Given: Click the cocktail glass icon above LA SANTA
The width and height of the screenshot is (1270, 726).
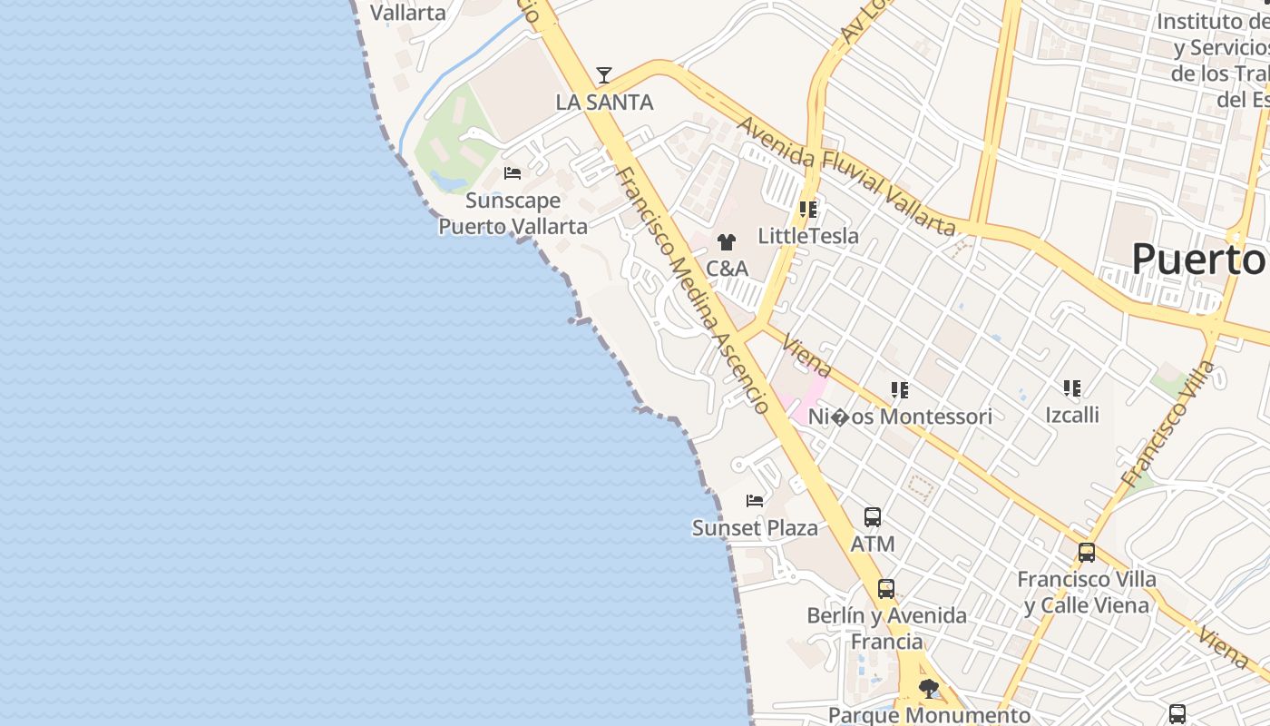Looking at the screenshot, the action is point(604,75).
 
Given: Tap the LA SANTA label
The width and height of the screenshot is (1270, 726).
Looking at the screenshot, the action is point(604,103).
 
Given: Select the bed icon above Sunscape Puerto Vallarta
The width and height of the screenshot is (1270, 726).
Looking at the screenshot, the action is point(513,173).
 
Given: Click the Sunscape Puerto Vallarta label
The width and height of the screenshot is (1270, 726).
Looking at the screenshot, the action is point(513,213).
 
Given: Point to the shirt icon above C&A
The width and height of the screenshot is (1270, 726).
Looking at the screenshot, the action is point(727,242).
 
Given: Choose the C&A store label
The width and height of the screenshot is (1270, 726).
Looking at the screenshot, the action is point(727,269).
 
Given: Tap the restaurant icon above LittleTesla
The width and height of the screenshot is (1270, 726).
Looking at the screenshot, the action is point(808,210).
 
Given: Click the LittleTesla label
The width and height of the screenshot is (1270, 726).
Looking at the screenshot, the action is point(808,236).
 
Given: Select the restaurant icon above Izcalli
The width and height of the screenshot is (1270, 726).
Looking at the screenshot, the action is point(1072,388).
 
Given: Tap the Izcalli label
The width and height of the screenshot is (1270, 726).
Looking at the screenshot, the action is point(1072,415).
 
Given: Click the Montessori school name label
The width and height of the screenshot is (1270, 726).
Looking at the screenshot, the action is point(900,417).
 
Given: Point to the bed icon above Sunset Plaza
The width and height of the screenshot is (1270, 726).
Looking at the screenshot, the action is point(755,501).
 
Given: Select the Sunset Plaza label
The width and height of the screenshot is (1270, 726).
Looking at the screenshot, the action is point(755,528).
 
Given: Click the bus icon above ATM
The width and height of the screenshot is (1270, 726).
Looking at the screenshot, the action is point(873,517).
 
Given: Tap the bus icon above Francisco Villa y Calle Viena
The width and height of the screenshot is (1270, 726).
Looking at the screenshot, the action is point(1087,552).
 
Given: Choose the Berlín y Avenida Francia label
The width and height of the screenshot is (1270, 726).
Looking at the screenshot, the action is point(887,628).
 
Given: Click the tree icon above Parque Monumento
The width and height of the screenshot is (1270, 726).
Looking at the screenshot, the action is point(929,690).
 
